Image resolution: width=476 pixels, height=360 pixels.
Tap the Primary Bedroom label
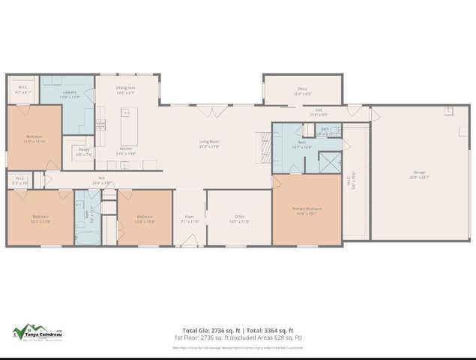click(x=308, y=211)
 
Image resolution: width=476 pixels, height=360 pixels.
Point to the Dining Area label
click(x=125, y=89)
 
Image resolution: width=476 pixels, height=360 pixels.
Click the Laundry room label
click(x=70, y=93)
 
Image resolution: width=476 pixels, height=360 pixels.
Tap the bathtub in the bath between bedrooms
click(x=87, y=235)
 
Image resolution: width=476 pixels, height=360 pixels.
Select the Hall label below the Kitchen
click(x=101, y=180)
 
